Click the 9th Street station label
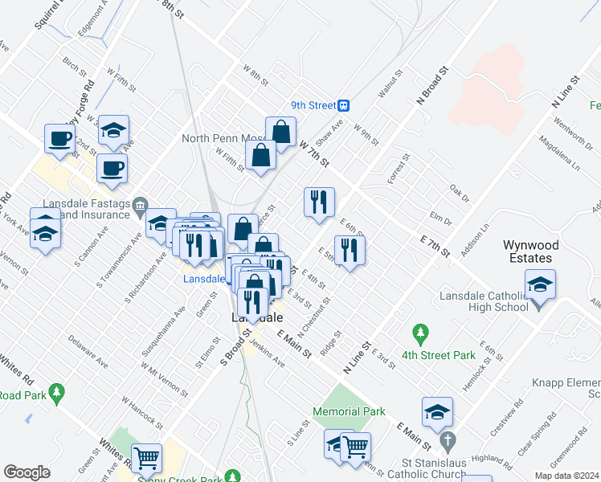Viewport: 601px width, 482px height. [313, 104]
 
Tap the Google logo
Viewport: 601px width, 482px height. [27, 472]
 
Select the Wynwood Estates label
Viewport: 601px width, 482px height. [527, 251]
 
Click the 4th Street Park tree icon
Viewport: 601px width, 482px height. [419, 332]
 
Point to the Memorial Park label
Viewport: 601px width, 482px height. [350, 411]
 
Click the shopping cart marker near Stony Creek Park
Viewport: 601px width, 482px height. [146, 459]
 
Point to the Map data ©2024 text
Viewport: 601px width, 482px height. [567, 476]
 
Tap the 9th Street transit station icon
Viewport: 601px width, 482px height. [344, 104]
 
